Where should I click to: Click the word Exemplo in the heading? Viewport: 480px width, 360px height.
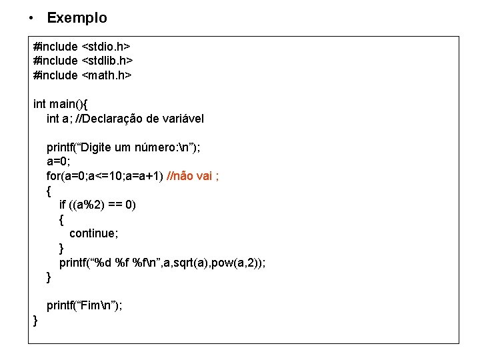point(77,18)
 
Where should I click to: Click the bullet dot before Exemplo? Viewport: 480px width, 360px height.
point(31,18)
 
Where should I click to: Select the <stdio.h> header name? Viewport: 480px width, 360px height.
point(105,47)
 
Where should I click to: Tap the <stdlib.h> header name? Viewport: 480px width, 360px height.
point(107,61)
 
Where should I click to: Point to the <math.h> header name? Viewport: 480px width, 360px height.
point(106,75)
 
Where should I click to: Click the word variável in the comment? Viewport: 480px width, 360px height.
point(184,119)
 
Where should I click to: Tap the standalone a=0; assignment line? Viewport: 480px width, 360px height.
point(59,162)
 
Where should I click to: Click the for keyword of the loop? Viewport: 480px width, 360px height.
point(53,176)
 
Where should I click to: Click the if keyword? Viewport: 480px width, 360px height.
point(62,205)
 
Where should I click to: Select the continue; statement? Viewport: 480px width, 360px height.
point(93,233)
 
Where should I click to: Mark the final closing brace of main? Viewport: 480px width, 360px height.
point(36,320)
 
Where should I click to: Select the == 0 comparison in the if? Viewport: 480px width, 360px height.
point(123,205)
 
